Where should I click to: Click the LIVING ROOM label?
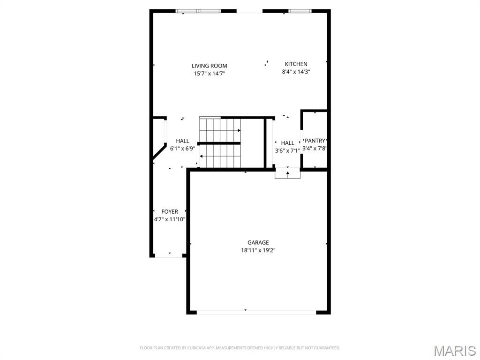[x=209, y=66]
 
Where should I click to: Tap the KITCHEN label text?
[x=296, y=64]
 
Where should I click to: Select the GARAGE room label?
[x=258, y=242]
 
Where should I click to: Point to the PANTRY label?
[x=315, y=141]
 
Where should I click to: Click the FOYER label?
[x=170, y=211]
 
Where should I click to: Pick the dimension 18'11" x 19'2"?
[x=258, y=250]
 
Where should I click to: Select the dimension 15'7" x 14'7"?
[x=209, y=74]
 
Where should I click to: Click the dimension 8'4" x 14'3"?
[x=296, y=72]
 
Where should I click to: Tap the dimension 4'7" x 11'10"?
[x=170, y=219]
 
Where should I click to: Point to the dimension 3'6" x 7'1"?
[x=287, y=151]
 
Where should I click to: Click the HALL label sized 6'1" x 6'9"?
[x=183, y=141]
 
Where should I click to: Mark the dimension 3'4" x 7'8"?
[x=315, y=149]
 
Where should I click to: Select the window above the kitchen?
[x=300, y=11]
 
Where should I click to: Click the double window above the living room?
[x=198, y=11]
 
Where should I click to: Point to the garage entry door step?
[x=287, y=174]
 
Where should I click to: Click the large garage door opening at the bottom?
[x=256, y=312]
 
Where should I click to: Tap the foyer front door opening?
[x=169, y=256]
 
